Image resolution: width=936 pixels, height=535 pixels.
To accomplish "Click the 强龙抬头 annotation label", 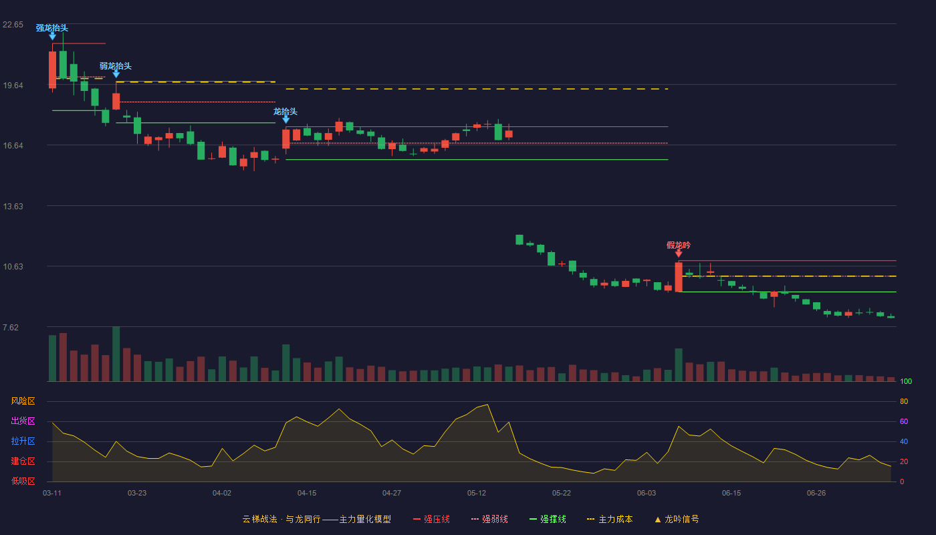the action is [52, 28].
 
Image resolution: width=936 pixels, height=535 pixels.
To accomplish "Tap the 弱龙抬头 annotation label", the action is [116, 66].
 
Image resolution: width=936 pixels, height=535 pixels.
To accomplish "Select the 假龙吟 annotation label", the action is [679, 245].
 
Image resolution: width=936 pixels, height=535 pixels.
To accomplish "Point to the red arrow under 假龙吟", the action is [679, 253].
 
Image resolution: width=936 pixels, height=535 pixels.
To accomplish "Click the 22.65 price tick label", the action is [13, 25].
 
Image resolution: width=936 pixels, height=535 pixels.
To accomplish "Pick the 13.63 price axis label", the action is [13, 207].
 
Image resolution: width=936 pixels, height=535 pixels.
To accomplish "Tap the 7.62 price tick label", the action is [11, 328].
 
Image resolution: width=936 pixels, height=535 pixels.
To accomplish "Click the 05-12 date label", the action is [477, 494].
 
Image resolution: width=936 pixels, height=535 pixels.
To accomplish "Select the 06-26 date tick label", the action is [816, 494].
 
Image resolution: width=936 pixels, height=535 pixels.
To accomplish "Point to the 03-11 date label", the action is [52, 494].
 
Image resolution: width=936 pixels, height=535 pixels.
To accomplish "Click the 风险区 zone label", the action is [23, 401].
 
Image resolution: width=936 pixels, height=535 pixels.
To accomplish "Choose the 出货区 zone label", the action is [23, 421].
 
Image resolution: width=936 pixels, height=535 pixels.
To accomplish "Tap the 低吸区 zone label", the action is [23, 481].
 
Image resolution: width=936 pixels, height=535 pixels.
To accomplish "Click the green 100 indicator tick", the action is [906, 381].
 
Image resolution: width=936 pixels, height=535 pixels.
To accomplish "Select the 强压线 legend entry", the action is [432, 519].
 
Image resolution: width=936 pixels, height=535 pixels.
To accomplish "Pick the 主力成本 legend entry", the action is [610, 519].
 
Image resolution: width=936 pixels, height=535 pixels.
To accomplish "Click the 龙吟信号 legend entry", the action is [677, 519].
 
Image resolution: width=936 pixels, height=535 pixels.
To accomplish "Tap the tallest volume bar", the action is [116, 354].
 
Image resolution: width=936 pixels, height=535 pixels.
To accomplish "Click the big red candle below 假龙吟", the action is [679, 277].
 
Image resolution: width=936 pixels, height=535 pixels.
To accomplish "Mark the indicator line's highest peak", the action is [487, 405].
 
